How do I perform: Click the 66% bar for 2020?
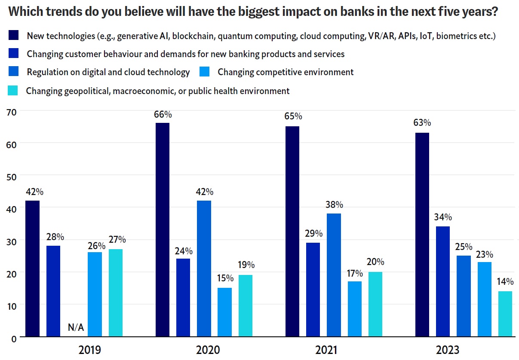point(162,229)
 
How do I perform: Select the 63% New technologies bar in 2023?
point(422,235)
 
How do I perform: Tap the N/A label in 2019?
point(76,328)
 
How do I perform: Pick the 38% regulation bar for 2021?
point(334,275)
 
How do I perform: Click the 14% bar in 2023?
point(505,314)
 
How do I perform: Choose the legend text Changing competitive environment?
point(286,72)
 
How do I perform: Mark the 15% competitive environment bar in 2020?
point(224,312)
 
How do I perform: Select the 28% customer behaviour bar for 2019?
point(53,291)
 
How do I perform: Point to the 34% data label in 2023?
point(442,217)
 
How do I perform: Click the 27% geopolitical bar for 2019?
point(116,293)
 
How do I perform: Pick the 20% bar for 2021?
point(375,304)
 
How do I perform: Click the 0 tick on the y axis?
point(13,339)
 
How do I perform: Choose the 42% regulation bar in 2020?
point(204,268)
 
